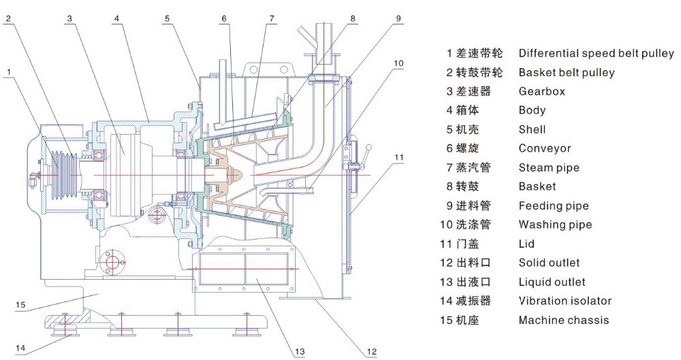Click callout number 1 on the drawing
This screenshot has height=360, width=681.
[x=9, y=70]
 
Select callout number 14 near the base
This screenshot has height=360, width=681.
[x=20, y=348]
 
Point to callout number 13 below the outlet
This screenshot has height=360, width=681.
[x=300, y=351]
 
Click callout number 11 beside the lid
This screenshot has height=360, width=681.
[x=398, y=157]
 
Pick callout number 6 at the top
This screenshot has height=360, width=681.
[x=223, y=18]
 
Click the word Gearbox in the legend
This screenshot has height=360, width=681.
[x=541, y=91]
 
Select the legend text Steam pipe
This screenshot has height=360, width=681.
[x=549, y=167]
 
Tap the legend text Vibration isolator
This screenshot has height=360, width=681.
[x=565, y=301]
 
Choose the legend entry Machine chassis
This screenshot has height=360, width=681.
[x=563, y=320]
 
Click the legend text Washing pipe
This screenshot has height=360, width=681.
[x=555, y=225]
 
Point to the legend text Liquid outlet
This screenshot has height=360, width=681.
[x=552, y=282]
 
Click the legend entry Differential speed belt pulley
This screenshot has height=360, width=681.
[x=596, y=53]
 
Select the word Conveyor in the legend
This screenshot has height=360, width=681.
[x=545, y=148]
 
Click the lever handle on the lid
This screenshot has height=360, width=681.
[x=368, y=148]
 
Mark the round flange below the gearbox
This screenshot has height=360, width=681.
[x=110, y=260]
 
